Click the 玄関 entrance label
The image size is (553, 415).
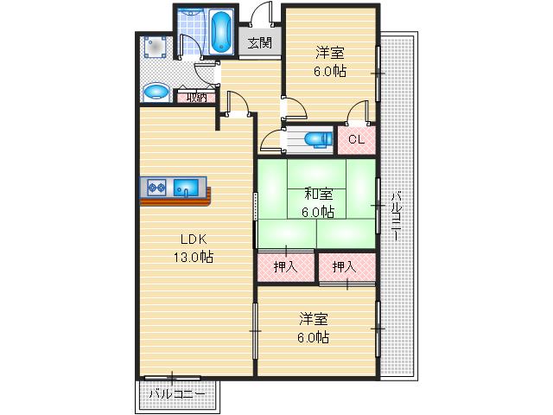point(258,42)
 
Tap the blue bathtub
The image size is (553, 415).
point(221,33)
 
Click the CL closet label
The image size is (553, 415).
point(357,139)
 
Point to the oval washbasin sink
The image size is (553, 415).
point(156,91)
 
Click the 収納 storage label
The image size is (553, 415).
point(196,97)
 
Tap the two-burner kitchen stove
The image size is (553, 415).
point(157,187)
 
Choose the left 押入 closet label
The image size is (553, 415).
point(285,267)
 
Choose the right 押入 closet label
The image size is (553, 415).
point(345,267)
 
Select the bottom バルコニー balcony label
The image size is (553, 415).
point(176,394)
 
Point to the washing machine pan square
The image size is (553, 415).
point(156,47)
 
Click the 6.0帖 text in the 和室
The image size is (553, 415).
point(316,211)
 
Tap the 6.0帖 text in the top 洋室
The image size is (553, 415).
point(330,73)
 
